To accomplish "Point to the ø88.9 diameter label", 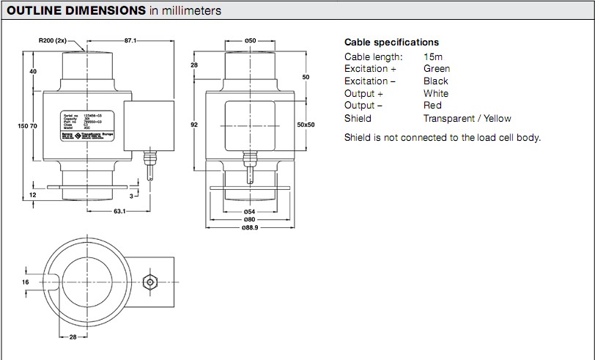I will (249, 228).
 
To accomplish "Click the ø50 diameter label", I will (249, 41).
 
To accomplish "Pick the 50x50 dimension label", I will (306, 125).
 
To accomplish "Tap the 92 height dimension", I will (194, 125).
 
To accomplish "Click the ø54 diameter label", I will (249, 211).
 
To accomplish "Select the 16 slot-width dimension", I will (24, 282).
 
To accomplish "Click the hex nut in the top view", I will (149, 282).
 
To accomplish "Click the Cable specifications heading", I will (391, 43).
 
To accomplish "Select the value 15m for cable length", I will (432, 56).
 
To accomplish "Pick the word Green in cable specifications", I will (437, 69).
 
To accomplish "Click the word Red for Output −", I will (432, 106).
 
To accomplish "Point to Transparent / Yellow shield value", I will (467, 118).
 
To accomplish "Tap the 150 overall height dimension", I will (23, 126).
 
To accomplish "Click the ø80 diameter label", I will (249, 220).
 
